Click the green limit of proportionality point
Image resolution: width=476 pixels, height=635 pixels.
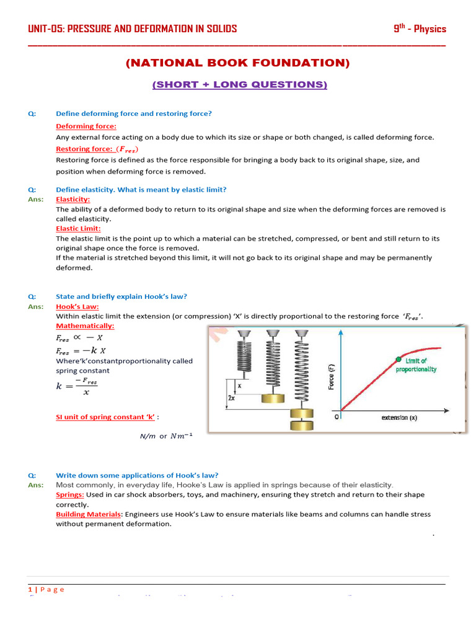[399, 358]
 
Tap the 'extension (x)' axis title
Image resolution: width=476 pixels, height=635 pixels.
[399, 418]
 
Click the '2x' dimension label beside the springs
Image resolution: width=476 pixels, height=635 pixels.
[231, 398]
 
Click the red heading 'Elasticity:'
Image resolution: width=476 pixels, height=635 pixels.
[73, 200]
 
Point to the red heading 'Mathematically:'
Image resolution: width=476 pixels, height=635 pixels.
[86, 326]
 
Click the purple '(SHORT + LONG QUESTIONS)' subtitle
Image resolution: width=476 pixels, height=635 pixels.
[240, 84]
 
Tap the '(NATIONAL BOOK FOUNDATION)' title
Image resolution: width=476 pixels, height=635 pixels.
[238, 63]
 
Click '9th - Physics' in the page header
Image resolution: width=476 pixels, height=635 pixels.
[420, 29]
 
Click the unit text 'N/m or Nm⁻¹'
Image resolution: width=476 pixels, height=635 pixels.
[166, 436]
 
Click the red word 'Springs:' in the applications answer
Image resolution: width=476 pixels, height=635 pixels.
[70, 495]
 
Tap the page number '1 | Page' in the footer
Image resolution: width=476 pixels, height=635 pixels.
[46, 589]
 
